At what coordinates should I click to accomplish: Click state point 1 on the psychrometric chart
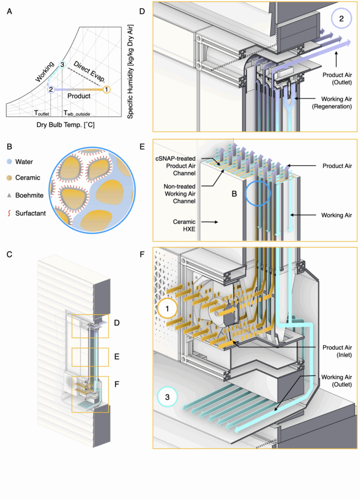tap(106, 89)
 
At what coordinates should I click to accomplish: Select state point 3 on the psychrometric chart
tap(62, 65)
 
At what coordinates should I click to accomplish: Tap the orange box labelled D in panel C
tap(88, 326)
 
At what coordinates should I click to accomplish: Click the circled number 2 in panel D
tap(341, 20)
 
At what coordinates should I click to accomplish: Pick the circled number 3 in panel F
tap(168, 397)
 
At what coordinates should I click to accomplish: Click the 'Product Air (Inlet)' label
tap(335, 352)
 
